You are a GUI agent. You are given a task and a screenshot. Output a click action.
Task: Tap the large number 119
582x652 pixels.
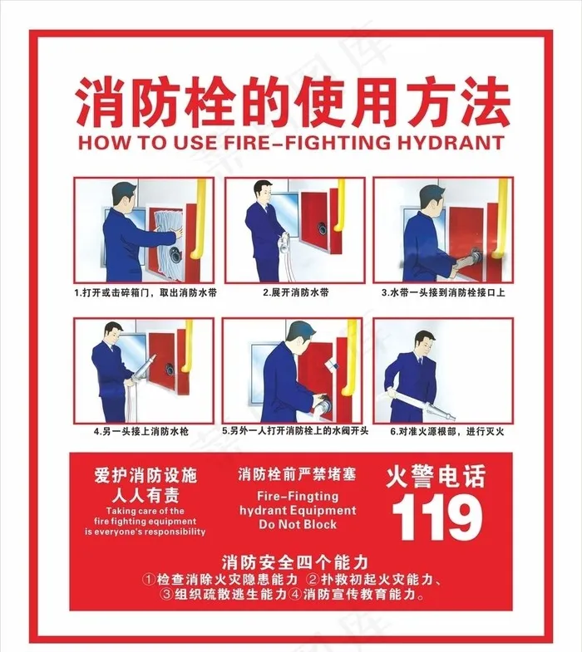436,517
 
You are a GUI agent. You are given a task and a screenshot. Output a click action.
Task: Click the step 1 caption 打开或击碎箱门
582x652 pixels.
144,292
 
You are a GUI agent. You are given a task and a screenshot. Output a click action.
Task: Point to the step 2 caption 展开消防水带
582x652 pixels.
295,292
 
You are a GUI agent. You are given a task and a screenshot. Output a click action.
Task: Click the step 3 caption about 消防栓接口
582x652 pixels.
443,292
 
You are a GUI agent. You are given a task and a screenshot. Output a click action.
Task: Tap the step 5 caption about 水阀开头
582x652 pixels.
292,432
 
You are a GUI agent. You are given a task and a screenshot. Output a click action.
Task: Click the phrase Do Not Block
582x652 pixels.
298,525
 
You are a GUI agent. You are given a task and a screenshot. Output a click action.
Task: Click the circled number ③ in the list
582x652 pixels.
166,595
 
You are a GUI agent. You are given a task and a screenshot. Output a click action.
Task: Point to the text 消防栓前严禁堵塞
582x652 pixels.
297,475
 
